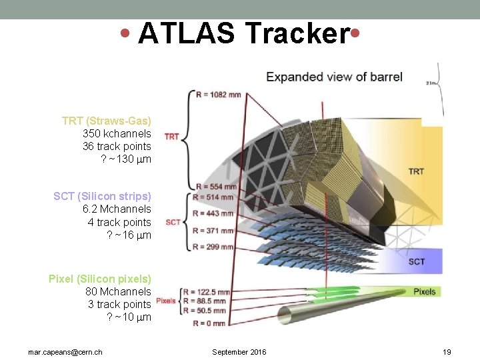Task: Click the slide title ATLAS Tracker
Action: pos(243,33)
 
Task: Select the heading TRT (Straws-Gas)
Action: pos(107,121)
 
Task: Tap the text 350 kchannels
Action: pos(117,133)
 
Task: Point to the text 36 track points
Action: pos(117,146)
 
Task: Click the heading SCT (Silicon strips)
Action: pos(103,196)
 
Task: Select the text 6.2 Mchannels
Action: pos(117,209)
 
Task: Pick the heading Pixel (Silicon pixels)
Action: pos(100,279)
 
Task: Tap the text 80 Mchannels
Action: pos(118,291)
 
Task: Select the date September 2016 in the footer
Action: pos(239,351)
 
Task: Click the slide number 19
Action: pos(447,351)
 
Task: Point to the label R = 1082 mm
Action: pos(219,94)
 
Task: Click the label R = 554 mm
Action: pos(215,186)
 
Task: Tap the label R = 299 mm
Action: pos(214,247)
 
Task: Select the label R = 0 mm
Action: pos(209,323)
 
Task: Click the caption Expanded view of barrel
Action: pos(334,77)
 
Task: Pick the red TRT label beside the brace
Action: pos(172,137)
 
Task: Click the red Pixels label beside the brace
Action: pos(166,301)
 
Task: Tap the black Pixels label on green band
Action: pos(424,291)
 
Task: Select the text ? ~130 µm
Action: pos(125,159)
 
